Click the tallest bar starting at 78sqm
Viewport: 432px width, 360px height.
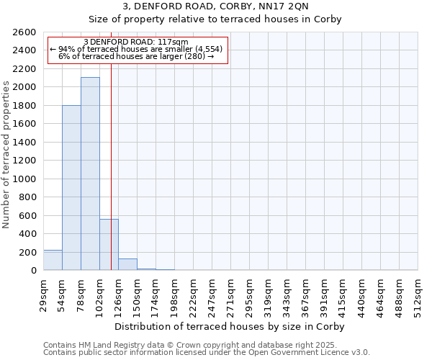pos(90,174)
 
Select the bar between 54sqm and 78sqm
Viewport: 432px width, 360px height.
pos(71,188)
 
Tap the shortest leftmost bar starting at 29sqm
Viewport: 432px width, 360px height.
pos(53,260)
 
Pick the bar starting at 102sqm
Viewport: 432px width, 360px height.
pos(109,245)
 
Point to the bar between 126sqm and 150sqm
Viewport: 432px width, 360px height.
pos(127,264)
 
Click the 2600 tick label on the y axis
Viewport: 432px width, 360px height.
pos(25,32)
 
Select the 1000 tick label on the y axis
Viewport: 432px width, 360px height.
pos(25,179)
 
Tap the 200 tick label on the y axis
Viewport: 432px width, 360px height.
pos(28,253)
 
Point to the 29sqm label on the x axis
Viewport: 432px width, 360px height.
pos(43,292)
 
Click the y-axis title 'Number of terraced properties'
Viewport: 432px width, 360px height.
pos(6,155)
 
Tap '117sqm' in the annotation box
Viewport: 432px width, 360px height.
pos(172,42)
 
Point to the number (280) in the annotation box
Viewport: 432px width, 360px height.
pos(193,56)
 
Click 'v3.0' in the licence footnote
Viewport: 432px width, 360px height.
pos(358,353)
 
